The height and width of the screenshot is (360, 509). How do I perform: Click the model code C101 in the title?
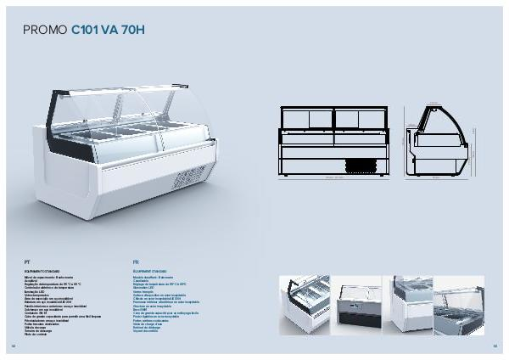[85, 31]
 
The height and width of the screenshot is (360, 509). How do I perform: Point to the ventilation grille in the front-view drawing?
[358, 164]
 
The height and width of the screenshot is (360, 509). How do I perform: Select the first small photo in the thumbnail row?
[304, 303]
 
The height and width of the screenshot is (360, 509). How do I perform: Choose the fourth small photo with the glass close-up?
[459, 303]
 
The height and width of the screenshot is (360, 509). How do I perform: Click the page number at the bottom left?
[14, 346]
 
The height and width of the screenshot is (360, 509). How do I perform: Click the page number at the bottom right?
[495, 346]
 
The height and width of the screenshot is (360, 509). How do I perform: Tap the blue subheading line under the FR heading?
[152, 271]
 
